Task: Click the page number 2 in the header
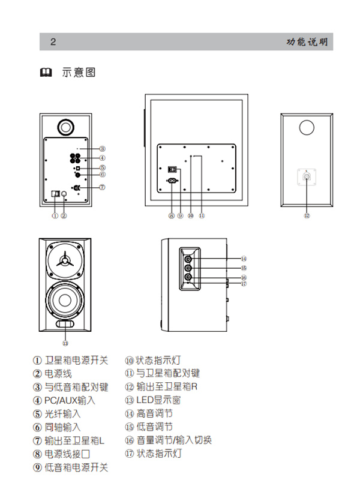[53, 42]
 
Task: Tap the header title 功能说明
[307, 42]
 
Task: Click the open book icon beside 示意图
[45, 73]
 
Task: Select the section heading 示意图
[78, 73]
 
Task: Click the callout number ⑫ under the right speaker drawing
[307, 215]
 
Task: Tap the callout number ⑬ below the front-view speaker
[65, 343]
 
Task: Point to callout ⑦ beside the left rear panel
[103, 187]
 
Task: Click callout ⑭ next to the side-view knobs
[244, 259]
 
